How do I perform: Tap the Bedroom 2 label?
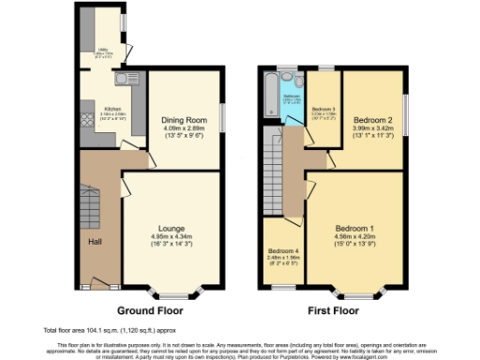point(370,120)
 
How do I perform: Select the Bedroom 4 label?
point(282,251)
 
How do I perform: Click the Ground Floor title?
point(148,309)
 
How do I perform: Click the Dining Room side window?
point(222,117)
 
